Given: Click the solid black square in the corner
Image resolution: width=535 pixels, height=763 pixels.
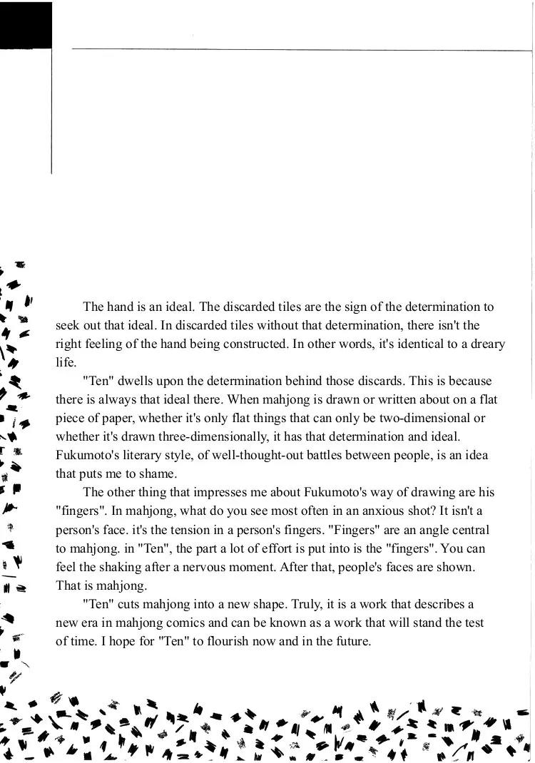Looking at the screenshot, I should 26,25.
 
